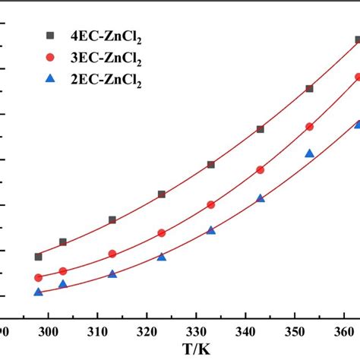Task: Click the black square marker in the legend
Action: (x=51, y=35)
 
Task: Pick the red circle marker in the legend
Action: (x=51, y=57)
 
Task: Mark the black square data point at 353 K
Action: (x=309, y=89)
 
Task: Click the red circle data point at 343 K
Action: (x=261, y=170)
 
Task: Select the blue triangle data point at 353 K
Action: (x=309, y=153)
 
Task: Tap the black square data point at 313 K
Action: (x=112, y=220)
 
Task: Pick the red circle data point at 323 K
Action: (x=162, y=233)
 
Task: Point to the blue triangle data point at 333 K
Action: (x=211, y=230)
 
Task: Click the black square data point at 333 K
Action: (x=211, y=165)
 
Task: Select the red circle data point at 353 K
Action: (x=309, y=127)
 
